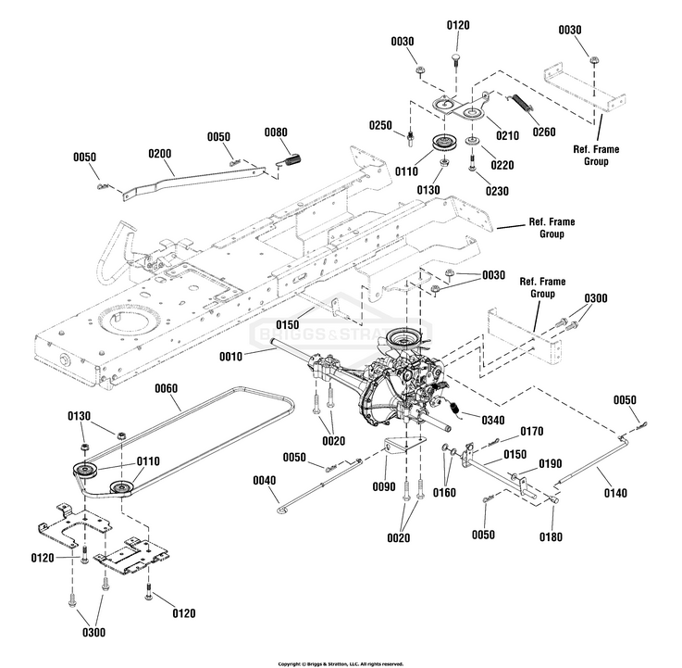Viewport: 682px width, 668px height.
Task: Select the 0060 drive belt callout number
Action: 167,387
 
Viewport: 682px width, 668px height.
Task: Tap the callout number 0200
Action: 159,152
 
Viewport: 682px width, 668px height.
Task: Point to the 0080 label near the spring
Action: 276,132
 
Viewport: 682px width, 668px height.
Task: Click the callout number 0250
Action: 379,125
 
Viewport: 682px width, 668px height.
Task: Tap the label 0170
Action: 531,431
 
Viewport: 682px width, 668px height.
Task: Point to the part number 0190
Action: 550,463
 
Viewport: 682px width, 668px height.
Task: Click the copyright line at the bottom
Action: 341,663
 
